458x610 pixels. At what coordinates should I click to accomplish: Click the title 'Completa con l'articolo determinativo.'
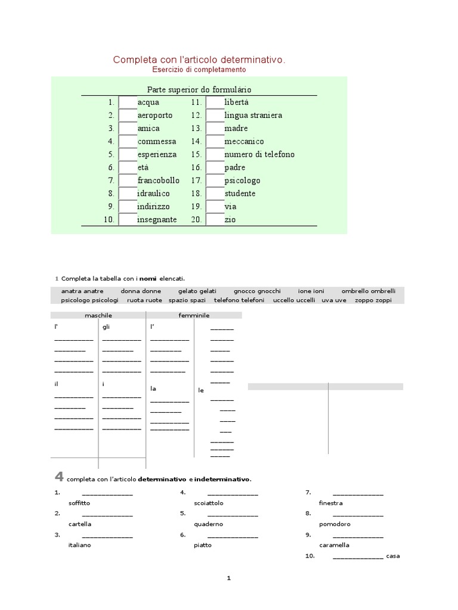[x=199, y=60]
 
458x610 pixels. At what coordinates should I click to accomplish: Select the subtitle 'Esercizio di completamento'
[x=199, y=70]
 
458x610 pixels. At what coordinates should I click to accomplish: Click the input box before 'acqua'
[x=128, y=102]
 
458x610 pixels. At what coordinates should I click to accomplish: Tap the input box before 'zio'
[x=215, y=220]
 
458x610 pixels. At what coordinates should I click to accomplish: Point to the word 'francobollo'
[x=158, y=180]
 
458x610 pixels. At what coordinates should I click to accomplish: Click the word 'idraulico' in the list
[x=153, y=194]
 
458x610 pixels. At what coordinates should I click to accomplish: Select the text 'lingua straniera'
[x=253, y=116]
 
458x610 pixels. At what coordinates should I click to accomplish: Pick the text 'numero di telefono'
[x=259, y=155]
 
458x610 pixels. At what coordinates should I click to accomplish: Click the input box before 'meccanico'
[x=215, y=142]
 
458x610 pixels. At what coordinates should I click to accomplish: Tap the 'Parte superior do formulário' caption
[x=199, y=89]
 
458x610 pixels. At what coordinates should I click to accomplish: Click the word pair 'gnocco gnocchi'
[x=257, y=291]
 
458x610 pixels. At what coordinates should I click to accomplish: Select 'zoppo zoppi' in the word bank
[x=373, y=300]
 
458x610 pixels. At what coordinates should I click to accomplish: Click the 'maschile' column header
[x=98, y=315]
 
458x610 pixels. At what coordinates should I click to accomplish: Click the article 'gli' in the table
[x=106, y=327]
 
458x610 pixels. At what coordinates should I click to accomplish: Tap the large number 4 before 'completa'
[x=58, y=476]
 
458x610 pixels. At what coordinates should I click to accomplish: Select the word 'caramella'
[x=334, y=545]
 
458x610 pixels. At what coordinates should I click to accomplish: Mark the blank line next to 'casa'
[x=358, y=556]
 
